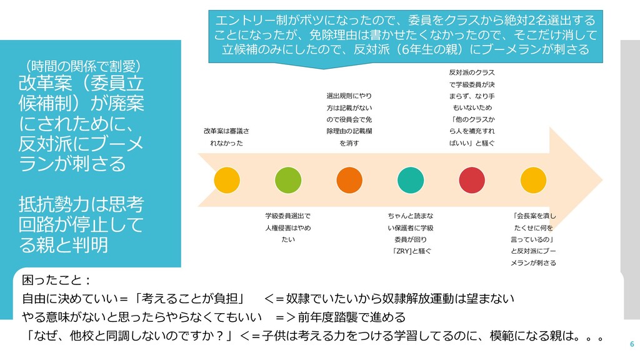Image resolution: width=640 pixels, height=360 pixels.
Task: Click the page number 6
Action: pos(631,344)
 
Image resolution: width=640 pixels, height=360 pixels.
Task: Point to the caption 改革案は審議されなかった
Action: pos(226,137)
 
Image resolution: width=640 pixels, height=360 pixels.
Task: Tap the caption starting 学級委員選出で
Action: pos(287,227)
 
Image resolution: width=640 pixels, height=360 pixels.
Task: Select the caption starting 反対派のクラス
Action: pos(472,107)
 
